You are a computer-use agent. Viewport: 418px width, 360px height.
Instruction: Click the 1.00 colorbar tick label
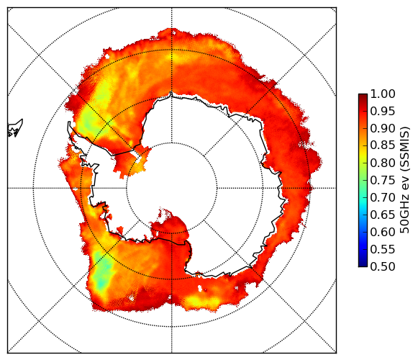pos(383,94)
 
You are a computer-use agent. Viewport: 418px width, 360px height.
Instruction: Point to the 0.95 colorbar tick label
pos(383,112)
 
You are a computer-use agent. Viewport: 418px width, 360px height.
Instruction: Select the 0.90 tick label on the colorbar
pos(383,129)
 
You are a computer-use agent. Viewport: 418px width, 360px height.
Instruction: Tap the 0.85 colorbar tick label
pos(383,145)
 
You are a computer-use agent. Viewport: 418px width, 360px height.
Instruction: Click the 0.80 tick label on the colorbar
pos(383,163)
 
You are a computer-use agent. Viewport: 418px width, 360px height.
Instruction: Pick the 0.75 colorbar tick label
pos(383,181)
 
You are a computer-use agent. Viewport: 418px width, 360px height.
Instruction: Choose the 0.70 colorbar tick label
pos(383,198)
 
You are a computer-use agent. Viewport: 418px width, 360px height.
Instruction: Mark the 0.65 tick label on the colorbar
pos(383,215)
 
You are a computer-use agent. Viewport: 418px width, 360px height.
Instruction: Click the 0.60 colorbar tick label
pos(383,232)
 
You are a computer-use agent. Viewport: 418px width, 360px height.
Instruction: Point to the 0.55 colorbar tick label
pos(383,250)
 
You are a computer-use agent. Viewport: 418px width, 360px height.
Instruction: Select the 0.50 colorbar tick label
pos(383,266)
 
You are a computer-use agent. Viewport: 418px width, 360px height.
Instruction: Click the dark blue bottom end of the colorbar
pos(363,265)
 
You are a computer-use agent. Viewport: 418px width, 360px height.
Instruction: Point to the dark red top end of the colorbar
pos(363,96)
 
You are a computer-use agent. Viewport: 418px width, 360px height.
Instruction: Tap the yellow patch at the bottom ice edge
pos(199,301)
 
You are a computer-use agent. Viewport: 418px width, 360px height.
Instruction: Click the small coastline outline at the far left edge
pos(15,129)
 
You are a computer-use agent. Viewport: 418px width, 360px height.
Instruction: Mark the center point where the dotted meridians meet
pos(172,188)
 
